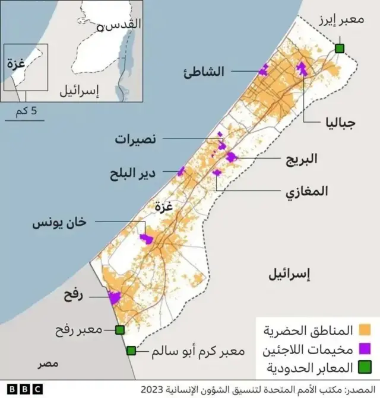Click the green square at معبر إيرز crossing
tap(340, 48)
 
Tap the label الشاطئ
tap(205, 72)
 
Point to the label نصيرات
tap(136, 140)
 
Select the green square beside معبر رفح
tap(120, 330)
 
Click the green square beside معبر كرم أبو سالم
tap(131, 351)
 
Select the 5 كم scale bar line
tap(25, 120)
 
